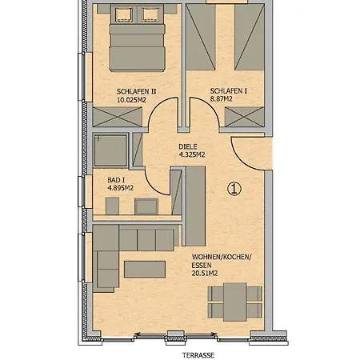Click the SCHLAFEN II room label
click(136, 91)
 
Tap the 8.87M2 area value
click(221, 99)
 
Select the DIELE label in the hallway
click(188, 146)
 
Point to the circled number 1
click(234, 189)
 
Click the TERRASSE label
click(198, 355)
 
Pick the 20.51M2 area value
click(205, 274)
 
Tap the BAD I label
click(116, 180)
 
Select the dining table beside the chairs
click(234, 302)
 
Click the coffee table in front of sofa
click(145, 270)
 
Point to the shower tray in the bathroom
click(110, 150)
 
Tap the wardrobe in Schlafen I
click(244, 117)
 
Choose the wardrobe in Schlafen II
click(118, 117)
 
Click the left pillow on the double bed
click(123, 14)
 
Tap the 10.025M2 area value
click(131, 100)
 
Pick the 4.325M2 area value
click(192, 154)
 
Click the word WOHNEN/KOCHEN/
click(222, 257)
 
